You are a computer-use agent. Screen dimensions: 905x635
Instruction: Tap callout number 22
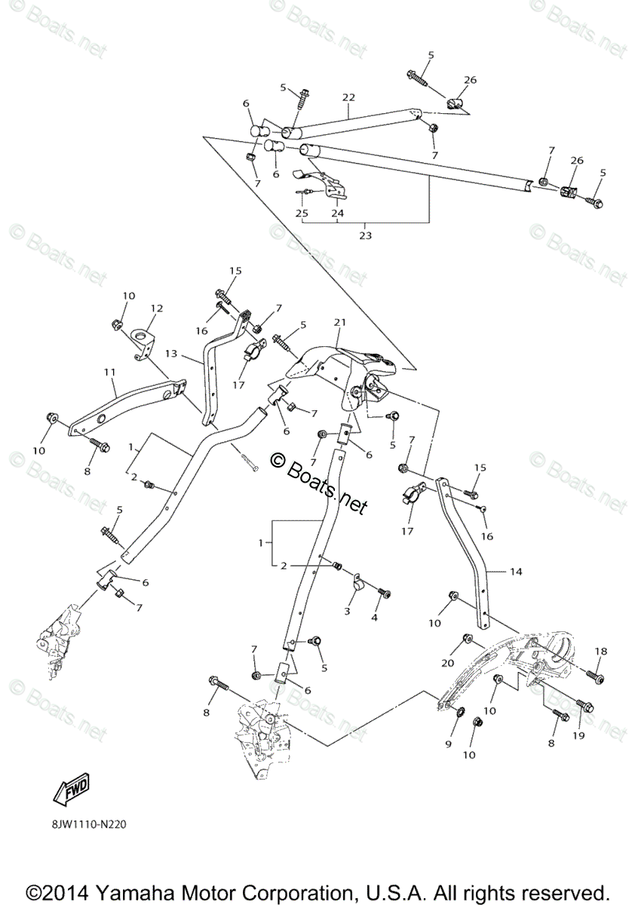(348, 97)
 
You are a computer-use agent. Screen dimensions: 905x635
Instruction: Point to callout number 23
(365, 235)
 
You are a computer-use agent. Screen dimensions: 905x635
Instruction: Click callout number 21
(339, 323)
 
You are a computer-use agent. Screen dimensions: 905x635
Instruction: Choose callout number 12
(156, 308)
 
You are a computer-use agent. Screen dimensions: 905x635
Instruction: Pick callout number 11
(110, 373)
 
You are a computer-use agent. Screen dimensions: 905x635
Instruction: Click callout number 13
(172, 354)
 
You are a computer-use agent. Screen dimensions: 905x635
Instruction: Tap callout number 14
(515, 572)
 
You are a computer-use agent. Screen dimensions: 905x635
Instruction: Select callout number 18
(600, 651)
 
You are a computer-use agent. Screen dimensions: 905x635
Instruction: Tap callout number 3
(348, 611)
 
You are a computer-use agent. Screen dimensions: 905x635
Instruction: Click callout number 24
(337, 213)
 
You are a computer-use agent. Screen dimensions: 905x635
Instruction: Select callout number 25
(302, 213)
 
